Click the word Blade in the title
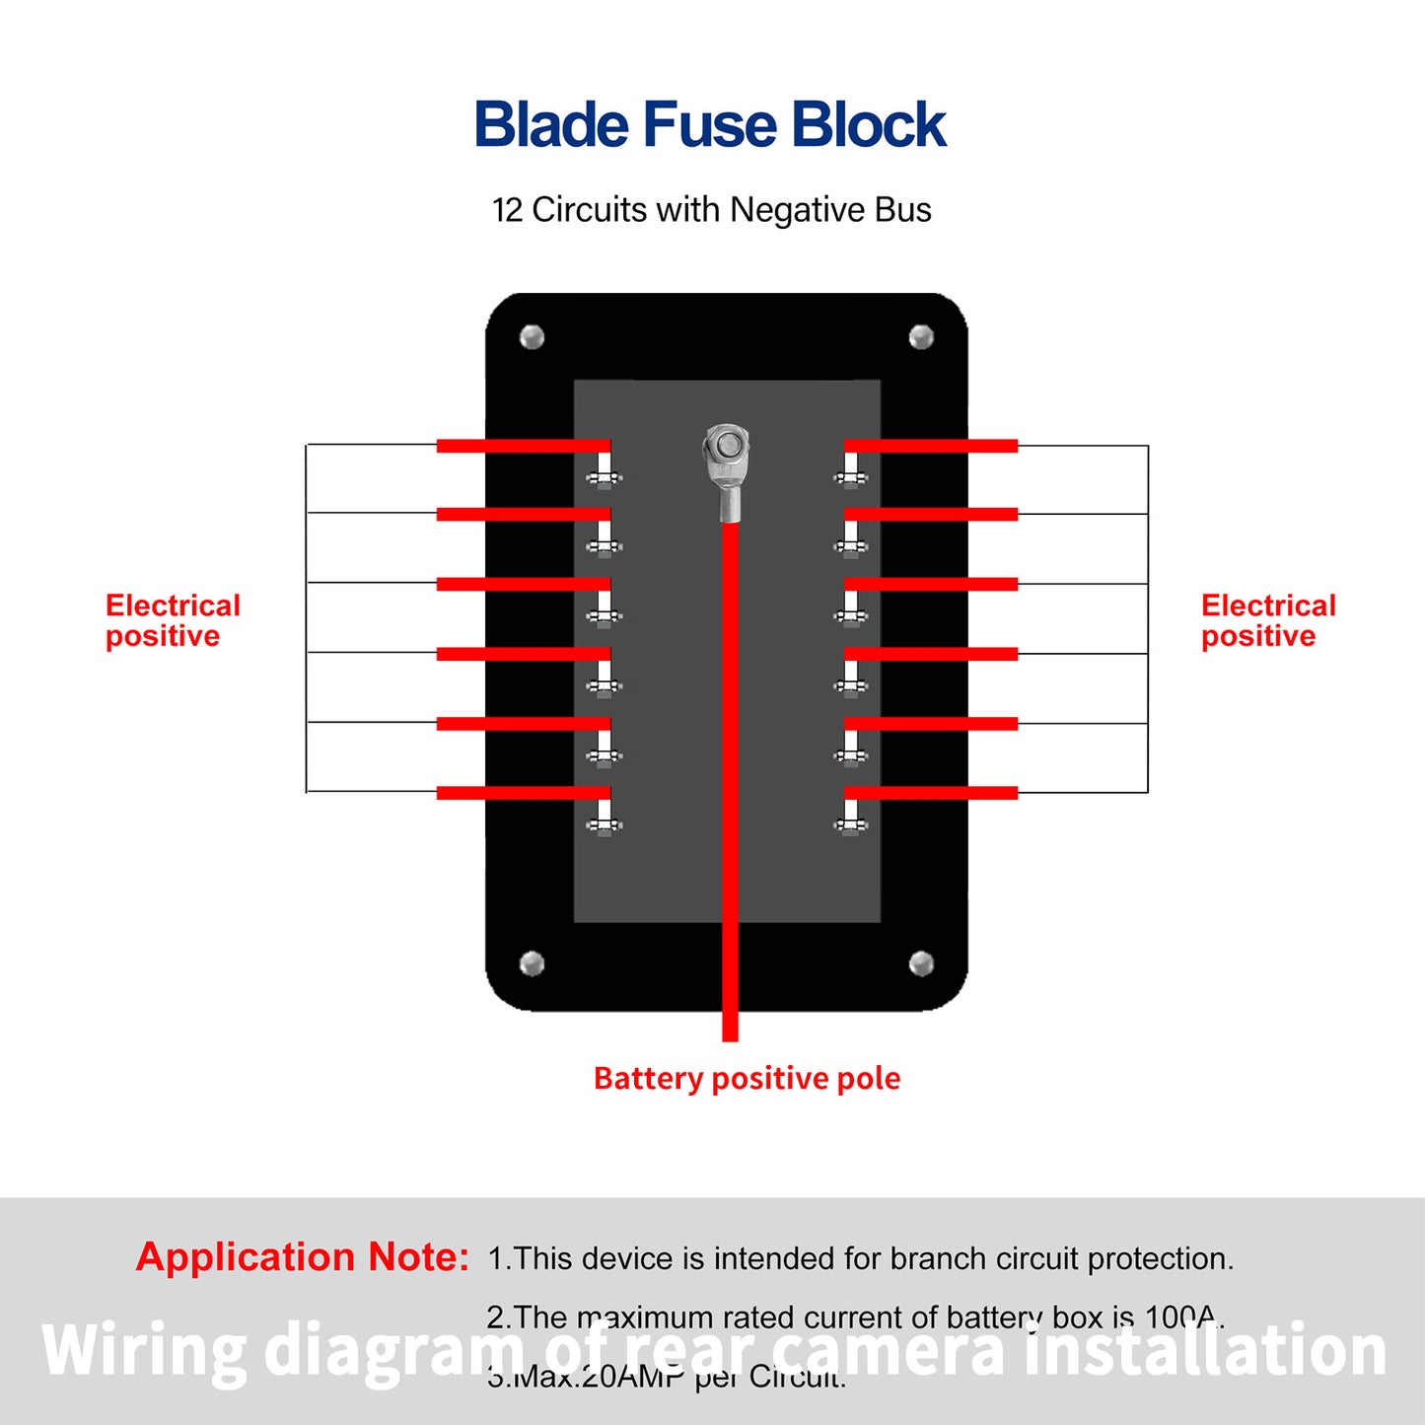coord(551,125)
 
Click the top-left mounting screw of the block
coord(532,337)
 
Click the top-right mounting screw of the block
coord(921,337)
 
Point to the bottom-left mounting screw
coord(532,962)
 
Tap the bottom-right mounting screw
coord(921,962)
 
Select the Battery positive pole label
coord(747,1078)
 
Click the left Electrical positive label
coord(173,620)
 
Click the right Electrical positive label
coord(1268,620)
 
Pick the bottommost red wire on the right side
coord(931,793)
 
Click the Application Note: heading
coord(302,1256)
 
